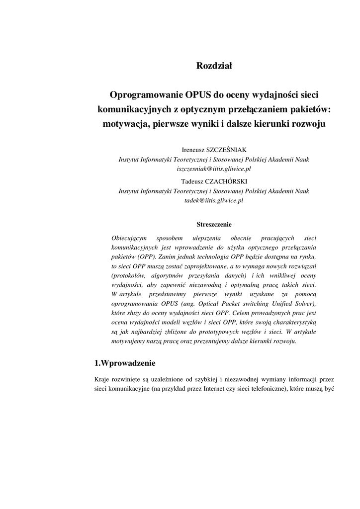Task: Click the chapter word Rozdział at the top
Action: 214,65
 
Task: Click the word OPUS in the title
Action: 198,94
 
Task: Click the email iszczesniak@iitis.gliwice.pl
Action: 214,169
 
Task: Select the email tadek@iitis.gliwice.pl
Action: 214,200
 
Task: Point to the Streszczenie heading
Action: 214,224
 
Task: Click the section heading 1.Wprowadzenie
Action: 125,362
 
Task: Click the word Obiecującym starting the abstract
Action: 127,238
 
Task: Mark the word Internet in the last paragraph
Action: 215,389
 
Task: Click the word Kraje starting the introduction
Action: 102,380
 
